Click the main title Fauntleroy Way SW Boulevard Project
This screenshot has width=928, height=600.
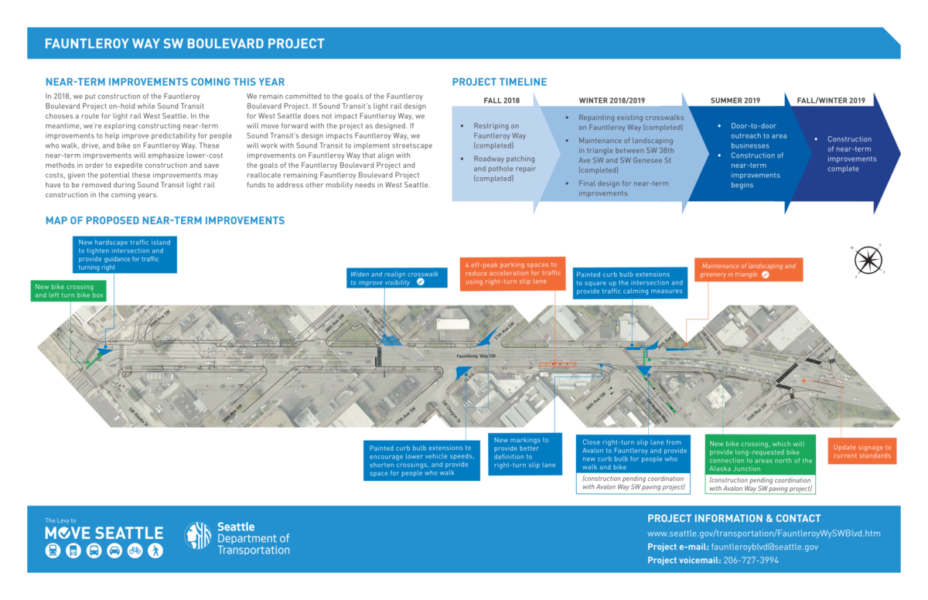(184, 44)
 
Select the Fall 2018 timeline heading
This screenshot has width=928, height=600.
(502, 101)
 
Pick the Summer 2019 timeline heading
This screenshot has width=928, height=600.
(735, 101)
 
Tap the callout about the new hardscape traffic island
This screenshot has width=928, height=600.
(125, 254)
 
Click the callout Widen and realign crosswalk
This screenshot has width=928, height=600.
(397, 278)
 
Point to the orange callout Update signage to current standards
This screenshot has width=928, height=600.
(862, 452)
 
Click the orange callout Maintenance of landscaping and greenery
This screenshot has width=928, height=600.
(748, 270)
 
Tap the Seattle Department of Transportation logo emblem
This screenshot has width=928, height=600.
(197, 536)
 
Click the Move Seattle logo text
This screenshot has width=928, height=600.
(104, 533)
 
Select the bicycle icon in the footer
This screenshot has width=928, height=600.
(135, 551)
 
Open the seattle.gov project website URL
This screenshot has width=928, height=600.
(763, 534)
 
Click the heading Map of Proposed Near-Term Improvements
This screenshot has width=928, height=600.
(165, 221)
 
